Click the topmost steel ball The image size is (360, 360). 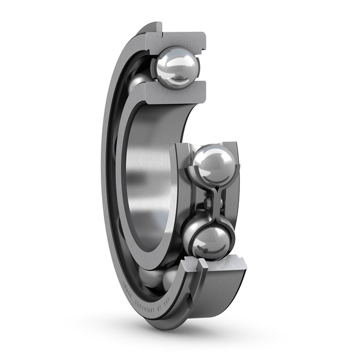176,68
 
